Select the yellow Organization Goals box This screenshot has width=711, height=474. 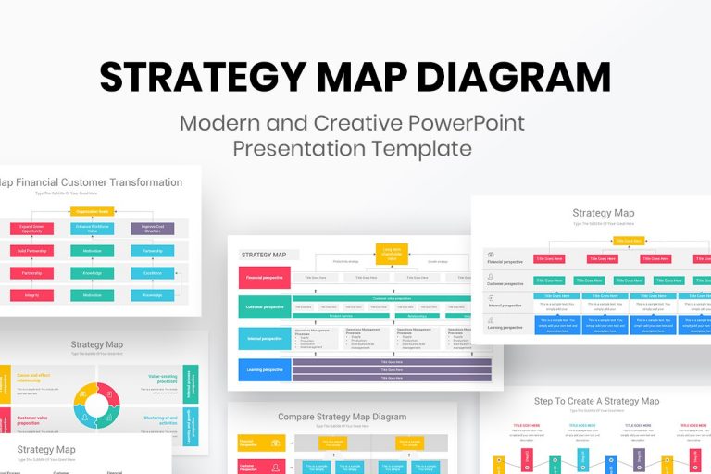[91, 212]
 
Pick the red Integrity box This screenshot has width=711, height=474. [31, 295]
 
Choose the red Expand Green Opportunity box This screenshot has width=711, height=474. [31, 228]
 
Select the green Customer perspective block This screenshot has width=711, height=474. [264, 307]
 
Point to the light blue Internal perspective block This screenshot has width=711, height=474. [264, 339]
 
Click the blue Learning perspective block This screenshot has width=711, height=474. [264, 369]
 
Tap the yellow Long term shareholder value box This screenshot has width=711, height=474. [392, 253]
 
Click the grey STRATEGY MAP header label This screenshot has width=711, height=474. [265, 256]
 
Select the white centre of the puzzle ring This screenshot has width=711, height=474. [97, 405]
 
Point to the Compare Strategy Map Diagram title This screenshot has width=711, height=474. [343, 417]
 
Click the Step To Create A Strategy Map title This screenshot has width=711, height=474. [596, 401]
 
